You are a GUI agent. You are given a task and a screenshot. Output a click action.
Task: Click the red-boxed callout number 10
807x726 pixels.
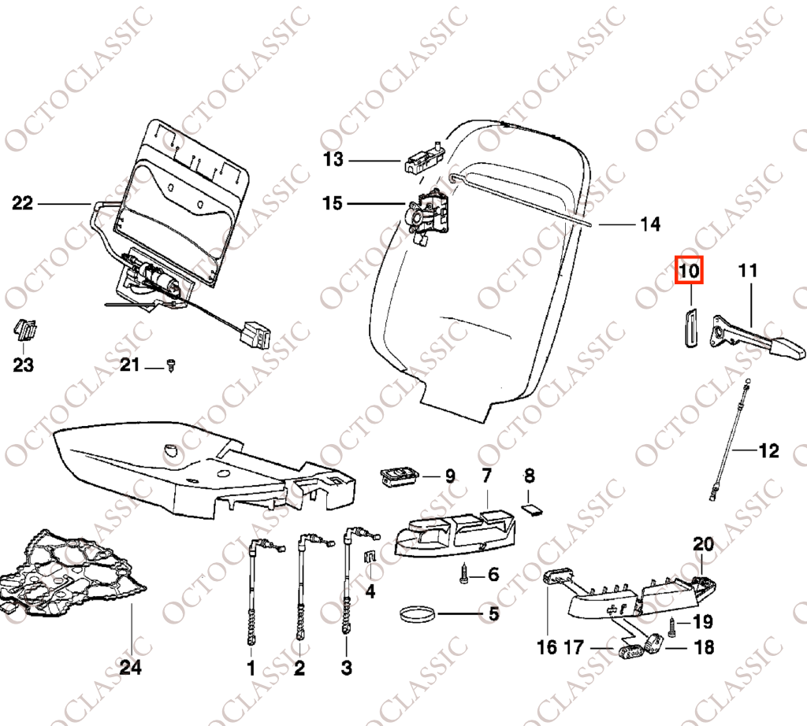click(x=689, y=270)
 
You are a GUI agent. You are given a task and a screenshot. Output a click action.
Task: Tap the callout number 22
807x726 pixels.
click(x=22, y=203)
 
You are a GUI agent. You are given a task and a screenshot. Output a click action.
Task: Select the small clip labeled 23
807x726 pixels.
click(x=24, y=330)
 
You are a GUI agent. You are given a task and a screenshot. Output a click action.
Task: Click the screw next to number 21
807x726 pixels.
click(x=171, y=365)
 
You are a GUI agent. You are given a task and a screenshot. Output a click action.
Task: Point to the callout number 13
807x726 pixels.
click(x=333, y=159)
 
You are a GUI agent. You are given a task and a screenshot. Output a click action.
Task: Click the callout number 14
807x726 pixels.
click(x=650, y=224)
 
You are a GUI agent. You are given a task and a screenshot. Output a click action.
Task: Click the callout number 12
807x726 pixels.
click(x=769, y=451)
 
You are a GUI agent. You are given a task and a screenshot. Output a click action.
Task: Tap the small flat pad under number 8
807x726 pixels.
click(x=533, y=509)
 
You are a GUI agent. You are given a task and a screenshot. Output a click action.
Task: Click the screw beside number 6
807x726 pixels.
click(x=463, y=573)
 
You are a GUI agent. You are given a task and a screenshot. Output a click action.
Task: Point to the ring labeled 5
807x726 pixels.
click(x=418, y=613)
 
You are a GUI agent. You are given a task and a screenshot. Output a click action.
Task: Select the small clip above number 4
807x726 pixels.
click(x=370, y=557)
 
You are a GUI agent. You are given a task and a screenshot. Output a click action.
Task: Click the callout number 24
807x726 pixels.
click(x=130, y=668)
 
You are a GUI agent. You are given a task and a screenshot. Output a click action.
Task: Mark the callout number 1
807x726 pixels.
click(x=251, y=668)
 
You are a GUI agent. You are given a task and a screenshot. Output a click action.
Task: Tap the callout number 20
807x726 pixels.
click(x=703, y=544)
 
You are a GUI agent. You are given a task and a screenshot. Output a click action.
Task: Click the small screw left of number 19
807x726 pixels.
click(x=673, y=628)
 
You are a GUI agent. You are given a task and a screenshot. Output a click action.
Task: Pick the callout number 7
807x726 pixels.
click(x=486, y=476)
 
